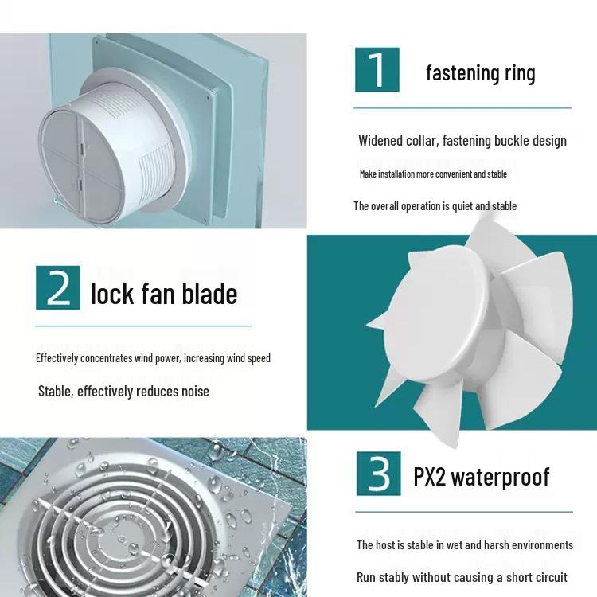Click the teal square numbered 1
pyautogui.click(x=377, y=70)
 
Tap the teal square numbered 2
pyautogui.click(x=58, y=288)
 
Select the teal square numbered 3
pyautogui.click(x=378, y=474)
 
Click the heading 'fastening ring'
pyautogui.click(x=481, y=72)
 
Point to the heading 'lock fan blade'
pyautogui.click(x=164, y=294)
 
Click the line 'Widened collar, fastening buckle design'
pyautogui.click(x=462, y=141)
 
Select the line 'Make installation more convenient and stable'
pyautogui.click(x=433, y=174)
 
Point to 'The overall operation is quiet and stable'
pyautogui.click(x=435, y=206)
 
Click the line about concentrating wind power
pyautogui.click(x=153, y=358)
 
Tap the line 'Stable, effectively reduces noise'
pyautogui.click(x=123, y=392)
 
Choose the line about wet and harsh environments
pyautogui.click(x=465, y=545)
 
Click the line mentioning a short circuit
pyautogui.click(x=462, y=577)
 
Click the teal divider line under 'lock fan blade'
pyautogui.click(x=143, y=326)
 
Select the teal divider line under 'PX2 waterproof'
pyautogui.click(x=464, y=512)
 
